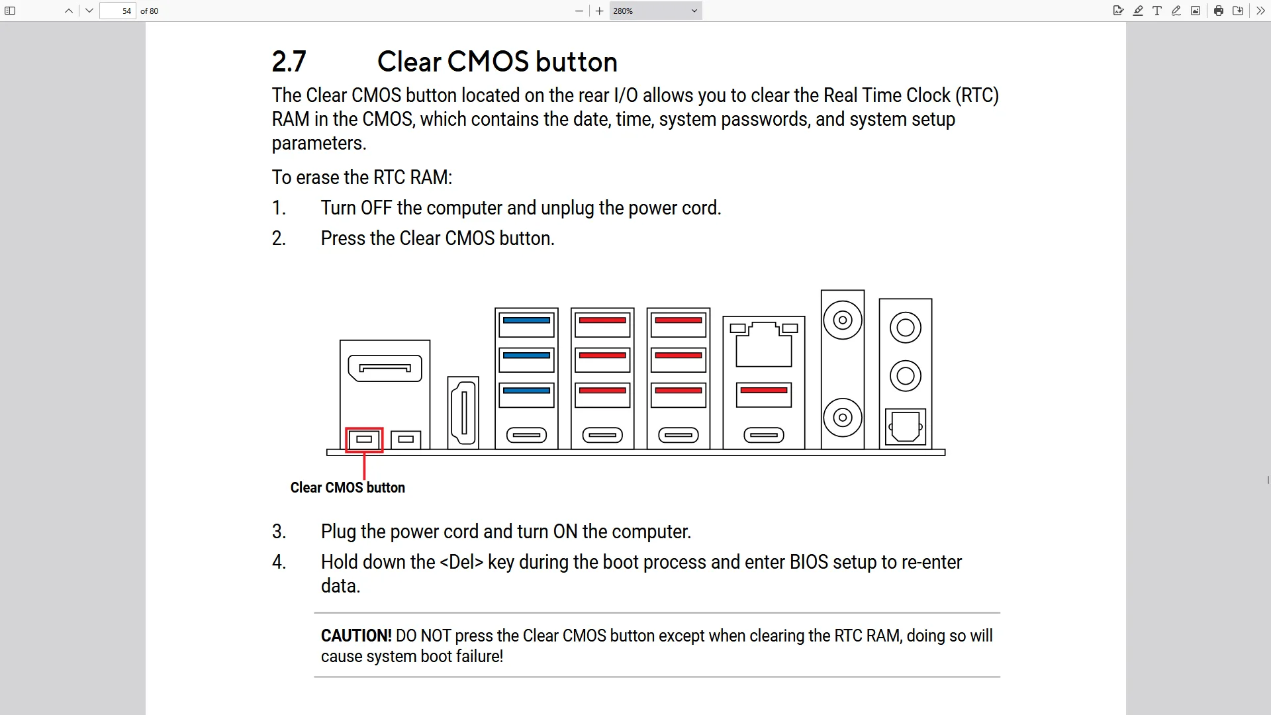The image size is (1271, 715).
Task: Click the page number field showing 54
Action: click(118, 11)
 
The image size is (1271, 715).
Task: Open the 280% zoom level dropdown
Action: click(655, 11)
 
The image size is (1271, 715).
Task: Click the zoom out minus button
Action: click(579, 11)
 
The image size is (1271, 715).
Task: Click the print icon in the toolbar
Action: click(1218, 11)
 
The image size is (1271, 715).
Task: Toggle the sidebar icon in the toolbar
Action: click(10, 11)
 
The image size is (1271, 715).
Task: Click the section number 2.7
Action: click(289, 62)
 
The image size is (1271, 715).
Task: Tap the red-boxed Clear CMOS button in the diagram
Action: click(364, 440)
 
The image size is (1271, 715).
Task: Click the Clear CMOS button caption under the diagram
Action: click(348, 488)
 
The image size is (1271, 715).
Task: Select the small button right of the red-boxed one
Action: click(406, 440)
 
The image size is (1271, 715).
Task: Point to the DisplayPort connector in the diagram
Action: click(385, 369)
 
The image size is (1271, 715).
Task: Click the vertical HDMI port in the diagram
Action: click(463, 412)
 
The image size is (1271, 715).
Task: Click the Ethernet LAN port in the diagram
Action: click(764, 344)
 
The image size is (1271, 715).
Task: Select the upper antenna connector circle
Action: click(843, 320)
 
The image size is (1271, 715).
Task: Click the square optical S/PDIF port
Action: click(906, 427)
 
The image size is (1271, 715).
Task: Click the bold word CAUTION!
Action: click(356, 636)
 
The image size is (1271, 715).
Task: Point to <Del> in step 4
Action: click(461, 562)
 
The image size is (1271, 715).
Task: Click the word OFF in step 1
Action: click(376, 208)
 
